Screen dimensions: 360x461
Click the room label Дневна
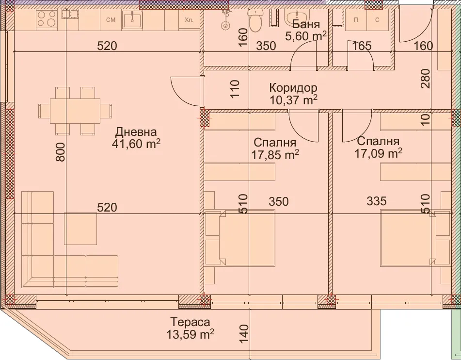[136, 131]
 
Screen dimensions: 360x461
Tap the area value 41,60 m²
[137, 145]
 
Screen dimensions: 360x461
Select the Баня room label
[306, 24]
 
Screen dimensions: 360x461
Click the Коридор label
[293, 88]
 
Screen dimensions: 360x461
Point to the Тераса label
[190, 322]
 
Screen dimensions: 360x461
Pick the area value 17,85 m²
[275, 155]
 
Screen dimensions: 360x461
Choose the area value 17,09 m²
[378, 154]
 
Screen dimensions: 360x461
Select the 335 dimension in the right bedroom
[377, 201]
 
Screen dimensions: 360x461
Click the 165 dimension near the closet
[362, 46]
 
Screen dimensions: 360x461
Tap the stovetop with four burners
[47, 19]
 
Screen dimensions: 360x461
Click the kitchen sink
[131, 20]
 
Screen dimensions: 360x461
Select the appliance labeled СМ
[111, 20]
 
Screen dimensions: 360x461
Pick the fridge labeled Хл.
[189, 20]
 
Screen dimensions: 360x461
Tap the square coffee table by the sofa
[80, 229]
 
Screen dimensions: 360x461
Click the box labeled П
[356, 20]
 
